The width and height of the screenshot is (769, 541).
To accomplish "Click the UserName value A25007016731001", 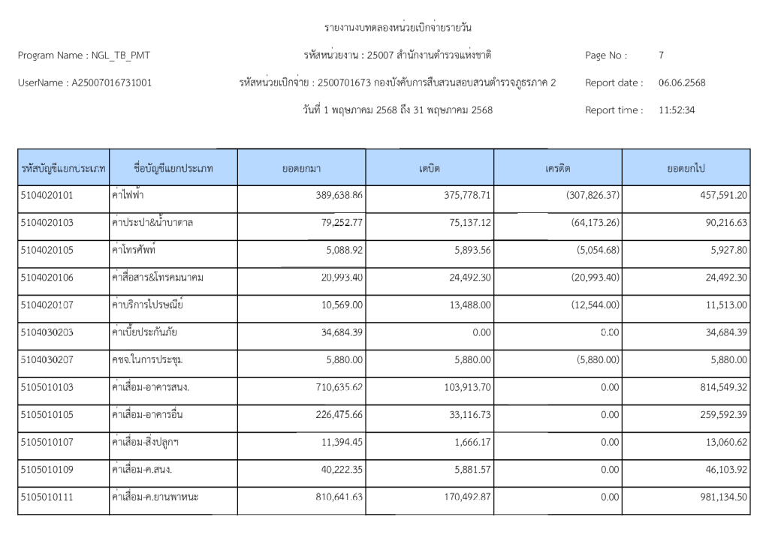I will (x=111, y=83).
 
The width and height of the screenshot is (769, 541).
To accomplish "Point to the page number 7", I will (x=661, y=56).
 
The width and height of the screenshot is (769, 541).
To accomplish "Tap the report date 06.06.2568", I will (x=682, y=83).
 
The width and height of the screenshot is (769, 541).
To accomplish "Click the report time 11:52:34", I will (x=677, y=110).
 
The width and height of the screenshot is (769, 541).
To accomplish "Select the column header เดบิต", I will (x=430, y=168).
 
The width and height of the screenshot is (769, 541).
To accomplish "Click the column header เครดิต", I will (x=558, y=168).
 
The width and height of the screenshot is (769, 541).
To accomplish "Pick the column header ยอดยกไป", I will (x=686, y=168).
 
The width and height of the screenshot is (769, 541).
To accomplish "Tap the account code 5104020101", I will (x=47, y=196).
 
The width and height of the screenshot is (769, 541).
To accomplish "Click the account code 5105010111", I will (x=47, y=497).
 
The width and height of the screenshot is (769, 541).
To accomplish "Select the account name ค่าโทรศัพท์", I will (x=133, y=251).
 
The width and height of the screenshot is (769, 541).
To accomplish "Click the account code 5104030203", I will (x=47, y=332).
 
